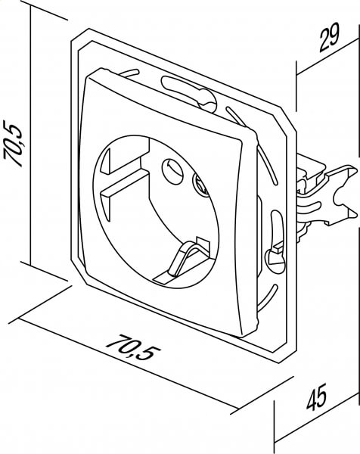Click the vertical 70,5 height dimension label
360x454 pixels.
click(x=13, y=143)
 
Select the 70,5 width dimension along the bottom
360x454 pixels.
click(x=134, y=347)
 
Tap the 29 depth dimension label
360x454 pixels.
click(x=329, y=38)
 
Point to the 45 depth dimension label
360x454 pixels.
click(x=317, y=397)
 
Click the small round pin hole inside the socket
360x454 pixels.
click(x=172, y=172)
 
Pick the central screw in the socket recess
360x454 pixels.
click(x=200, y=185)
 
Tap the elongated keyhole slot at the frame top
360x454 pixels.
click(x=189, y=92)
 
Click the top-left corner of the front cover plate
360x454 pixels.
click(x=93, y=73)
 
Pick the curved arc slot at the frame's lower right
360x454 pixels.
click(x=267, y=300)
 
